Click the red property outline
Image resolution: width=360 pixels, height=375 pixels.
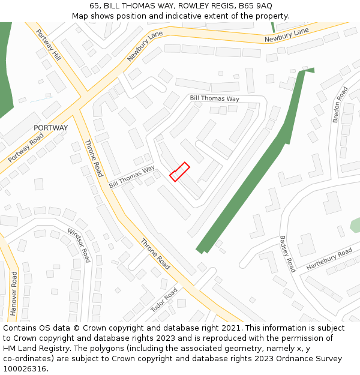[179, 172]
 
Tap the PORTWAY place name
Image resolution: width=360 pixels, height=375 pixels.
[51, 128]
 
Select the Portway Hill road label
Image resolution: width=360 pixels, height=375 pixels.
[49, 44]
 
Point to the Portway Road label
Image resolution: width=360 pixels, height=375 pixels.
[26, 148]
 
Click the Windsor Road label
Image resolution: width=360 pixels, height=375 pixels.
[79, 245]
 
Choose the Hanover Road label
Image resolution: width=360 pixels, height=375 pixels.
[13, 293]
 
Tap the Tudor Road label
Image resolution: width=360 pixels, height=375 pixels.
[164, 299]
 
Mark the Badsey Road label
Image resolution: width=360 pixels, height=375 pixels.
[288, 254]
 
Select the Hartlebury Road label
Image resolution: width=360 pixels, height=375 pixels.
[329, 259]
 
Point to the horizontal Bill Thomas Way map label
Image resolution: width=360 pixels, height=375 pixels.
[214, 98]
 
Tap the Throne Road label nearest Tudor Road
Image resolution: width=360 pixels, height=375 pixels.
[155, 254]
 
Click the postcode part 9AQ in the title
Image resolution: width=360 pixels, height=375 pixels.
[263, 5]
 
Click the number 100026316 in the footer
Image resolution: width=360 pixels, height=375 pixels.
[25, 369]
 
